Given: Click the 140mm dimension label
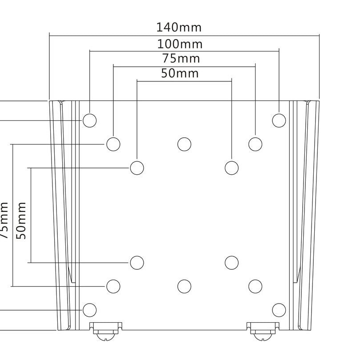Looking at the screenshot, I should tap(179, 27).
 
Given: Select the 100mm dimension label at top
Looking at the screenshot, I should tap(180, 44).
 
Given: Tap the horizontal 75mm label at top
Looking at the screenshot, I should tap(181, 58).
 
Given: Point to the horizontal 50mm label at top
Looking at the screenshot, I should tap(180, 73).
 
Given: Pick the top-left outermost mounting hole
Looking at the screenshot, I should tap(90, 120).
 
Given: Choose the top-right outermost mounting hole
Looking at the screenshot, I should tap(278, 120).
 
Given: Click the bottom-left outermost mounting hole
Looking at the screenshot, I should tap(90, 309).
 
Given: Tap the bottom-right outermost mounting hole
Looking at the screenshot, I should tap(278, 309).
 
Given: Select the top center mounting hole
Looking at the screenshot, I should tap(184, 144).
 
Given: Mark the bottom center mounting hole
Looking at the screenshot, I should tap(184, 286).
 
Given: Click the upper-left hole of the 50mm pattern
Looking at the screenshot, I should tap(137, 168).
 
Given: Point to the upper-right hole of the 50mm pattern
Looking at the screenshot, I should tap(232, 168).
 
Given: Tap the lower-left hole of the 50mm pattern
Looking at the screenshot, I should tap(137, 262).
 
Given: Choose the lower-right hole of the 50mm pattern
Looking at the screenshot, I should tap(232, 262).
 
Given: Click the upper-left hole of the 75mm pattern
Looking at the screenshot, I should tap(113, 144).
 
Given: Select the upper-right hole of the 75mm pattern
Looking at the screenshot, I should tap(255, 144).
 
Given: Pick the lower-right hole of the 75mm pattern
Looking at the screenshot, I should tap(255, 286).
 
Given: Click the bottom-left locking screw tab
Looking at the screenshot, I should tap(106, 329).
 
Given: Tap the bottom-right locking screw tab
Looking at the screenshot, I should tap(262, 329).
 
